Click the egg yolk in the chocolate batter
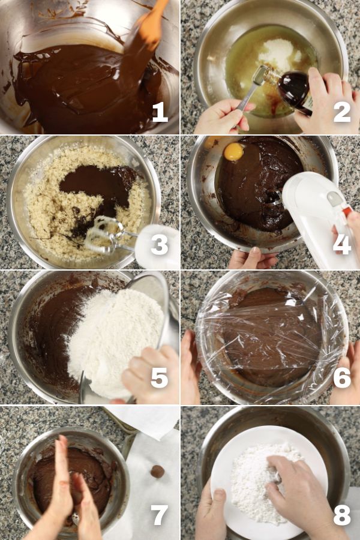[x=234, y=152]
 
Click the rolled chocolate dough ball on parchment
[x=157, y=472]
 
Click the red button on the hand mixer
[x=347, y=211]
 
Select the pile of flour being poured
[x=115, y=341]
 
